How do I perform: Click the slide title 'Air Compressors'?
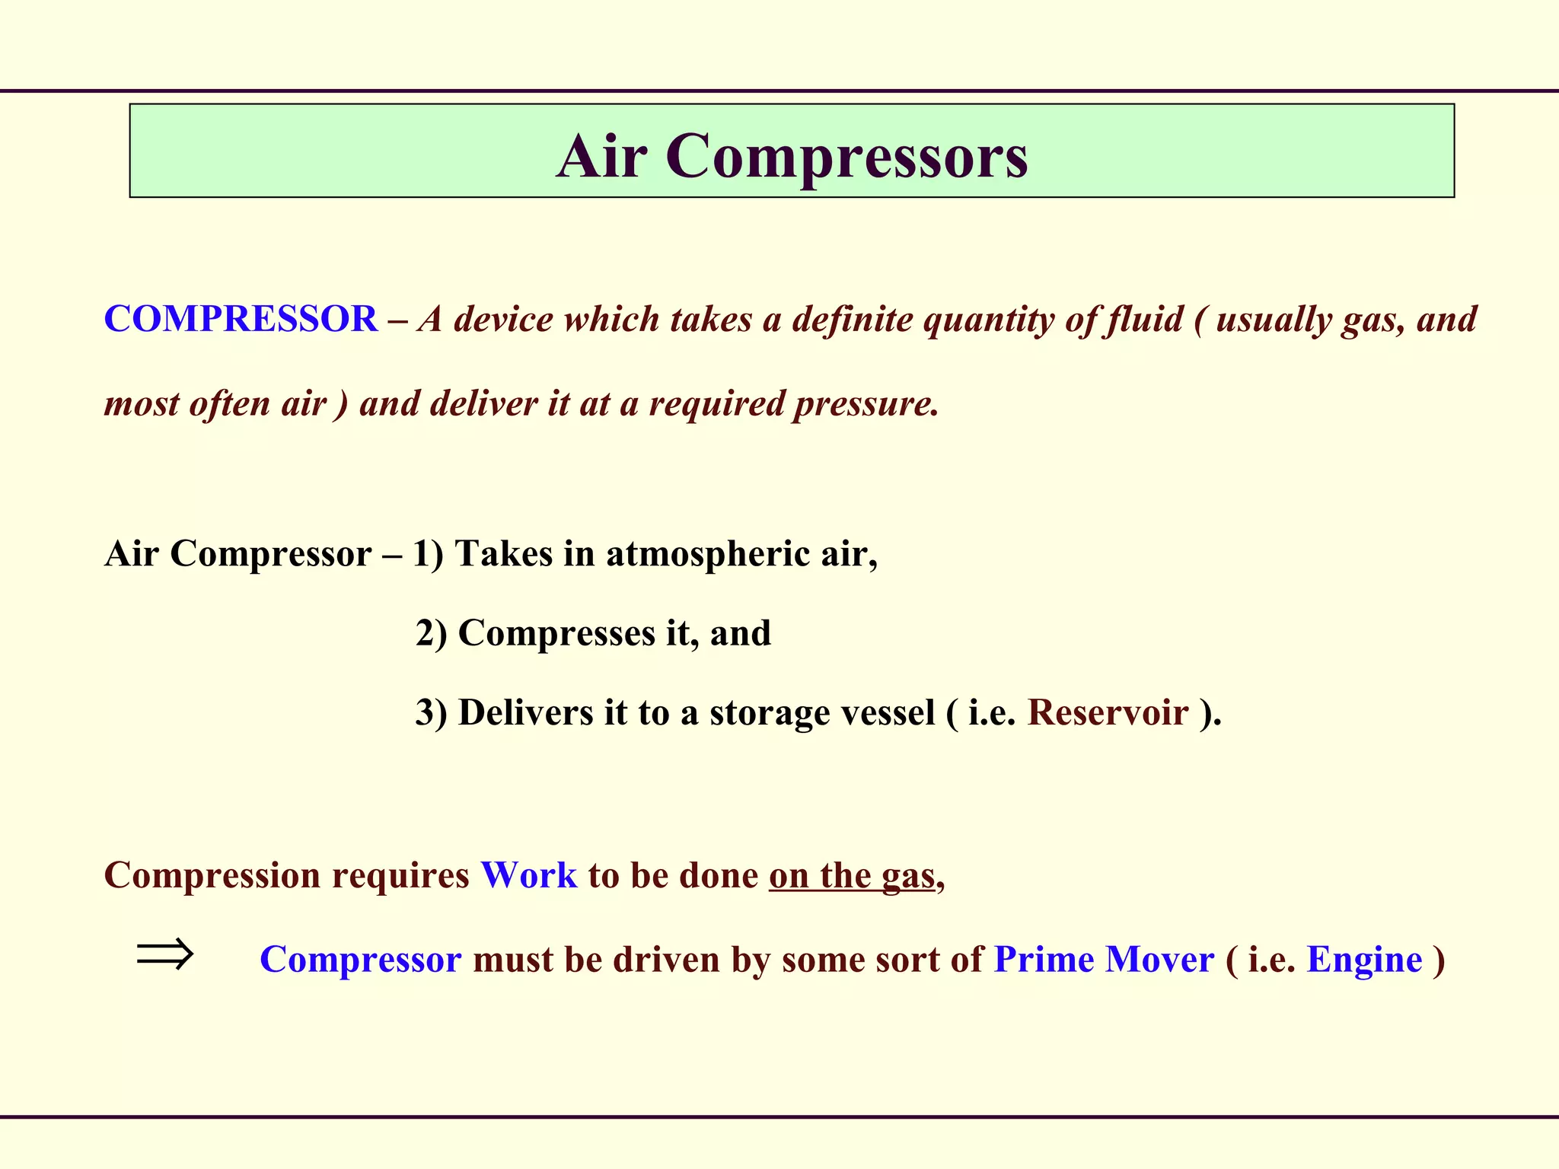pyautogui.click(x=792, y=155)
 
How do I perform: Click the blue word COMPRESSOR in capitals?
pyautogui.click(x=241, y=319)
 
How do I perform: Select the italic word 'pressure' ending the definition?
pyautogui.click(x=866, y=403)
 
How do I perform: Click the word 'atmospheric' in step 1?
pyautogui.click(x=708, y=553)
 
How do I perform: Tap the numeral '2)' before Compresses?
pyautogui.click(x=431, y=633)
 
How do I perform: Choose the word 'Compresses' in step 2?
pyautogui.click(x=556, y=633)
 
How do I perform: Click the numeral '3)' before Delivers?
pyautogui.click(x=431, y=713)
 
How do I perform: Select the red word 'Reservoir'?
pyautogui.click(x=1108, y=713)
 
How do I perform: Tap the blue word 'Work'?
pyautogui.click(x=529, y=875)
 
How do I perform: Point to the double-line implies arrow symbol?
pyautogui.click(x=165, y=954)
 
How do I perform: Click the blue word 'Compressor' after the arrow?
pyautogui.click(x=360, y=960)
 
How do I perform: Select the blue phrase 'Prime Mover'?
pyautogui.click(x=1104, y=960)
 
